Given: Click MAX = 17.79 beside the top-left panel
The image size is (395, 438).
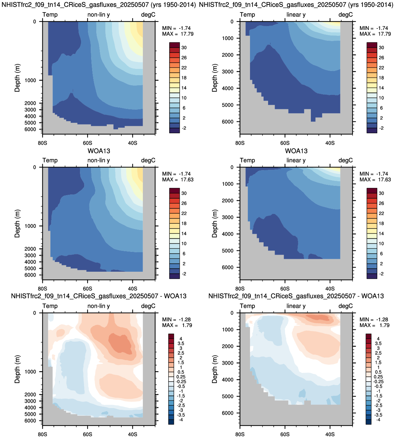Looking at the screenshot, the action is pos(178,34).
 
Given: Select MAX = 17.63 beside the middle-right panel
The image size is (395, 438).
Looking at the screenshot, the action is pos(375,180).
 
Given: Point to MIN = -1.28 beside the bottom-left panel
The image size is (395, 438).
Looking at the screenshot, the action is pos(176,319).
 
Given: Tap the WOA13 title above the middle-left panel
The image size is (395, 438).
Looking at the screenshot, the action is pos(99,151).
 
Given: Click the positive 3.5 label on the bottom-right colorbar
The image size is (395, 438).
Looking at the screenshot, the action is pos(378,343).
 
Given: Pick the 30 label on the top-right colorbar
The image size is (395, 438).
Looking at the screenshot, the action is pos(381,48).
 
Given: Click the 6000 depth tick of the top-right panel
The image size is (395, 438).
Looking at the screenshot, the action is pos(227,122).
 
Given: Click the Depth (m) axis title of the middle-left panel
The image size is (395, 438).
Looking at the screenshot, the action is pos(17,223).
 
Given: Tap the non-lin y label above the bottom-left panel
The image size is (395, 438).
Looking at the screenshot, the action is pos(99,306).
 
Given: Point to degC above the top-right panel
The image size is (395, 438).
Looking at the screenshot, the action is pos(346,15).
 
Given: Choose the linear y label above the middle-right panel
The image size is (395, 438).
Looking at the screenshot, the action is pos(296,160).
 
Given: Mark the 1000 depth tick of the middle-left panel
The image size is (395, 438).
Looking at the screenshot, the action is pos(30,226).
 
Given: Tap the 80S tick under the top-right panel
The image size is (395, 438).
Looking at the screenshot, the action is pos(240,143).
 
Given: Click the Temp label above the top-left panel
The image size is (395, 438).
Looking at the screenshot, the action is pos(50,15).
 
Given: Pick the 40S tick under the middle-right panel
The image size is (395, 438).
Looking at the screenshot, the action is pos(330,289).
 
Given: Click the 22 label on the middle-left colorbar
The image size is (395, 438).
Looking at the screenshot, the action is pos(184,213).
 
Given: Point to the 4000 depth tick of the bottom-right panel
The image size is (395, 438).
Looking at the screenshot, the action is pos(227,380).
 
